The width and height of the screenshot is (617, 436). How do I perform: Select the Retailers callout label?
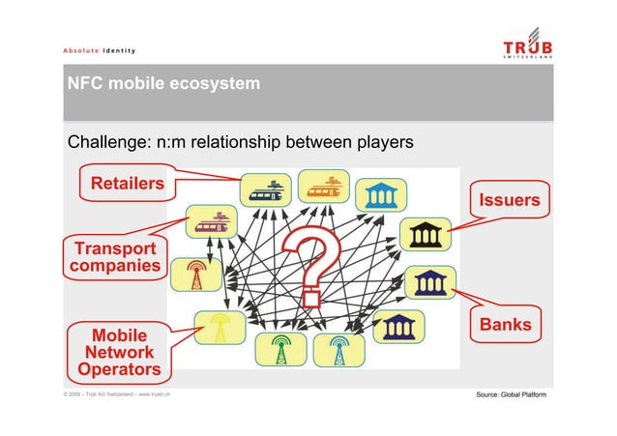127,184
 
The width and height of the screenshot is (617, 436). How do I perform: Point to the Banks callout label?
506,325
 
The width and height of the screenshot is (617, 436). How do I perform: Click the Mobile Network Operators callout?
119,353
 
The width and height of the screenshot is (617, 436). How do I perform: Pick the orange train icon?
322,186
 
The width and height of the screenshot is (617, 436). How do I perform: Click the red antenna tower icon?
194,275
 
